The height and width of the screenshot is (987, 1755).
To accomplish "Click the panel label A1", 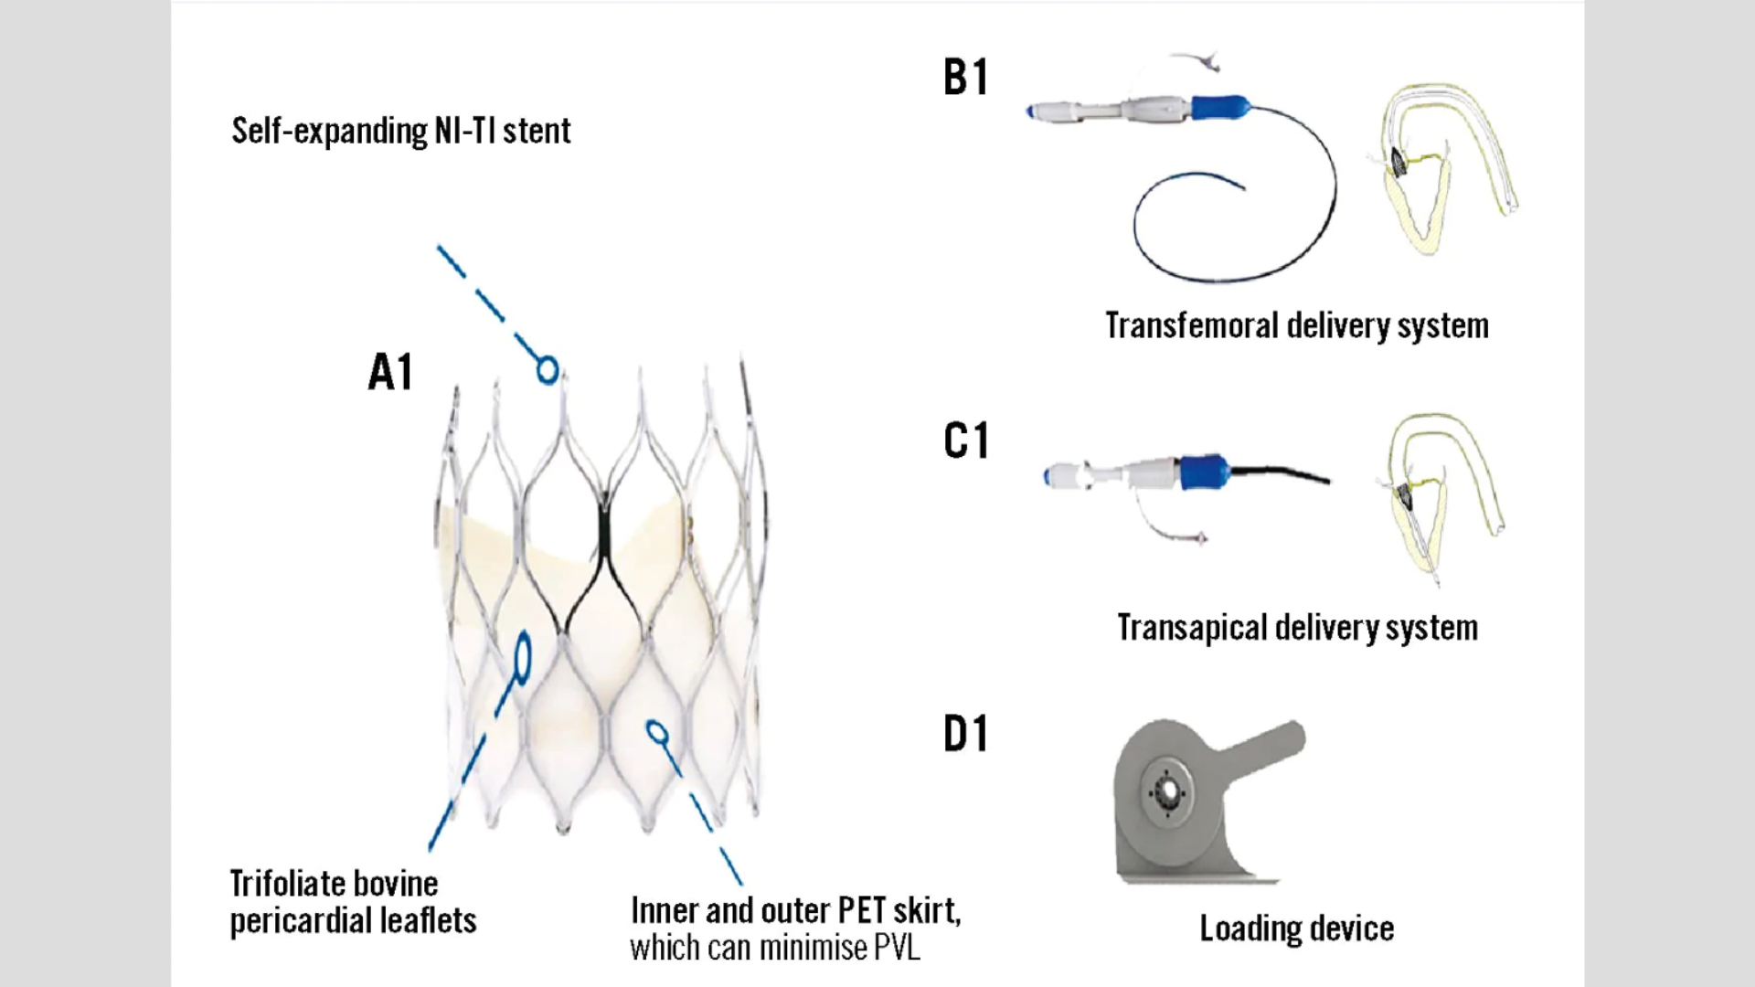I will tap(390, 373).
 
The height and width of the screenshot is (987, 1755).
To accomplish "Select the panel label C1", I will tap(965, 441).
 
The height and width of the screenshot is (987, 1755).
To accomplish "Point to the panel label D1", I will tap(965, 735).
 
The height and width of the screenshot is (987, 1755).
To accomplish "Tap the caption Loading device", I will tap(1296, 929).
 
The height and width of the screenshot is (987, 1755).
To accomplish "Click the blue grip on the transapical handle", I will tap(1205, 472).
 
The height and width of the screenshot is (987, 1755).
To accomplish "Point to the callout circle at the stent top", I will tap(548, 370).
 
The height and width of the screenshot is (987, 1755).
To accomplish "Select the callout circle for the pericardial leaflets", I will tap(523, 655).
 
